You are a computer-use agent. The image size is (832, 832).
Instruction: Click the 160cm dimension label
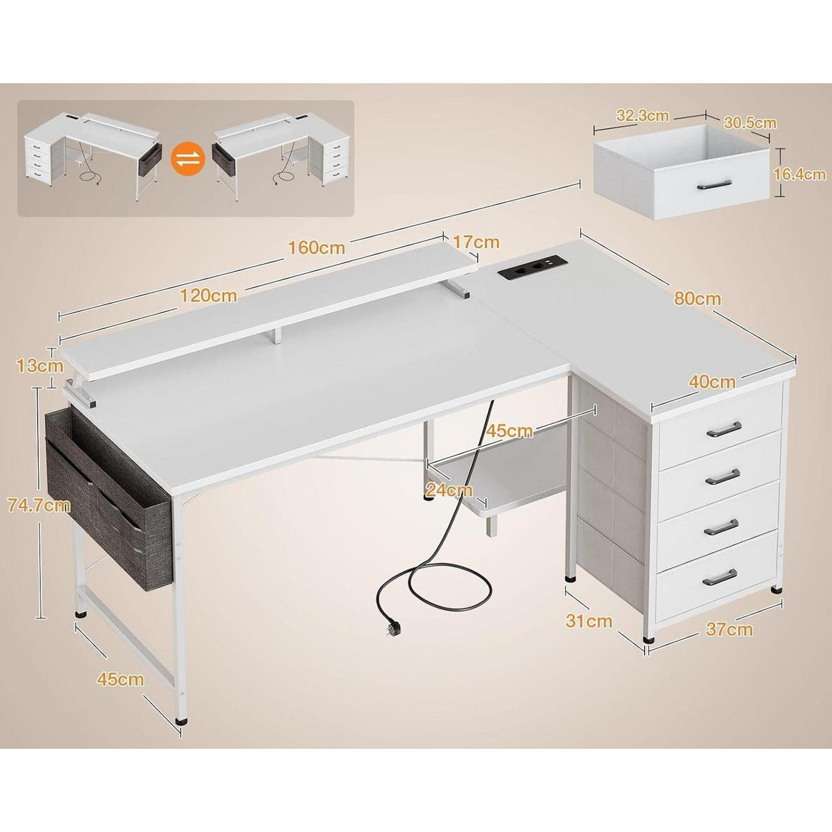pos(316,248)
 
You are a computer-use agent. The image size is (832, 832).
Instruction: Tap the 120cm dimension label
pos(209,296)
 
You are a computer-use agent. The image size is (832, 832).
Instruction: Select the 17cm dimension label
pos(476,242)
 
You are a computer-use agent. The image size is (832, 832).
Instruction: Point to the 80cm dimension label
pos(697,298)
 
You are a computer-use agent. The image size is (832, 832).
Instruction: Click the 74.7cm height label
pos(39,505)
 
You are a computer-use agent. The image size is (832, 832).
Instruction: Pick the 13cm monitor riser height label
pos(40,366)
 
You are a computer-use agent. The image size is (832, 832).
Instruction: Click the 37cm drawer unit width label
pos(729,630)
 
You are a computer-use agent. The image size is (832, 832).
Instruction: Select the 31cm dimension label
pos(589,621)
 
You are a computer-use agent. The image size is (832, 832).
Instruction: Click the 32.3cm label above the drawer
pos(643,116)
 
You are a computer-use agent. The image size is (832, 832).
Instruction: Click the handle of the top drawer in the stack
pos(724,428)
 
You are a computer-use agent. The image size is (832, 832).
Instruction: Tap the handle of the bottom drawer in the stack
pos(720,578)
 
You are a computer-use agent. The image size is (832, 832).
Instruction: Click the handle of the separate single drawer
pos(714,184)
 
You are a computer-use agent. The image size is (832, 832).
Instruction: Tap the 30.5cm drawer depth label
pos(750,123)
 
